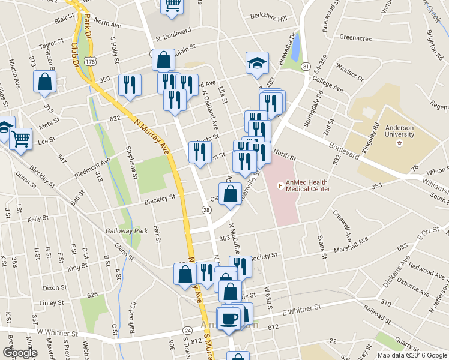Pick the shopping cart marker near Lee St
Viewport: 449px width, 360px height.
(20, 139)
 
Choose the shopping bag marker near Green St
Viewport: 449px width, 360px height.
(44, 83)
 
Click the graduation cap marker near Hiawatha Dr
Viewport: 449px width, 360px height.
(256, 63)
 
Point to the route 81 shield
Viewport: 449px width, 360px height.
(306, 65)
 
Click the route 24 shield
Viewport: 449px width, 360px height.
(187, 331)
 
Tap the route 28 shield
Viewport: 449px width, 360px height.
(206, 209)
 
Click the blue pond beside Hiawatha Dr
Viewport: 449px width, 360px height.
(295, 44)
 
